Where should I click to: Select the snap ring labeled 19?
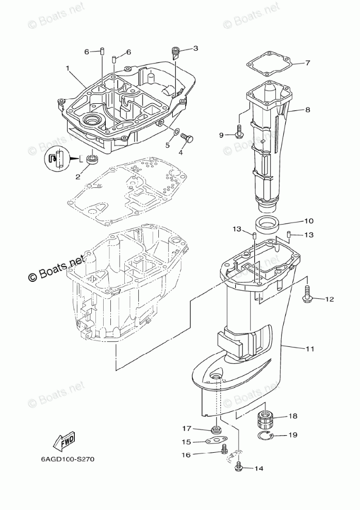(x=265, y=437)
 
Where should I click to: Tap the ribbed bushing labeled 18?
(x=266, y=419)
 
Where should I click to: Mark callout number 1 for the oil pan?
(x=68, y=68)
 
